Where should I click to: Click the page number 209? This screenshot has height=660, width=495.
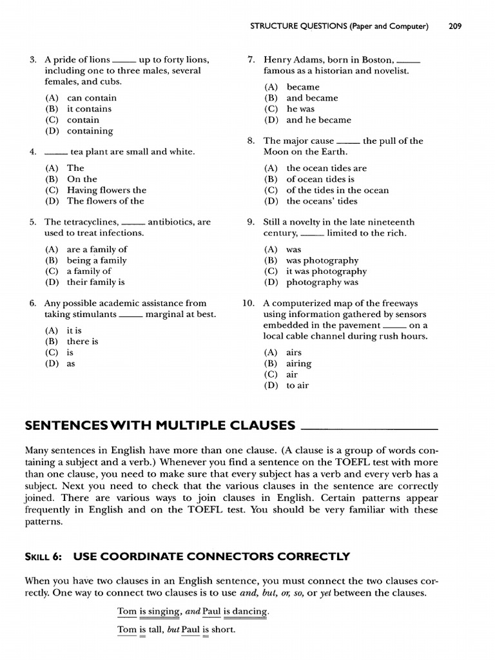454,26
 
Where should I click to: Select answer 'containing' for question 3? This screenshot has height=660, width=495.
90,131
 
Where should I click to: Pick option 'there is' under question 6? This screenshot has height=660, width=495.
82,342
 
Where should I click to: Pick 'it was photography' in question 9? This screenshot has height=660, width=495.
326,271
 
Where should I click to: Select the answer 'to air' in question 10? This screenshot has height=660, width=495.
297,385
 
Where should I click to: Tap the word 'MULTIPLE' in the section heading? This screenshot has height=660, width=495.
206,425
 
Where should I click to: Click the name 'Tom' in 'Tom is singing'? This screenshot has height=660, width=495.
126,611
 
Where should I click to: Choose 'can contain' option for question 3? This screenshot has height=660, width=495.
92,98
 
